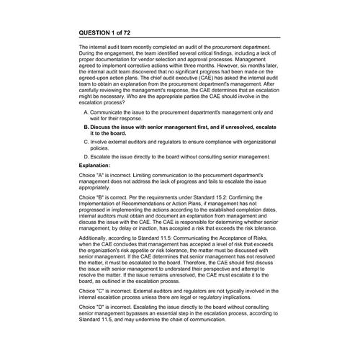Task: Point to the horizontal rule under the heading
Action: pos(179,39)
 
